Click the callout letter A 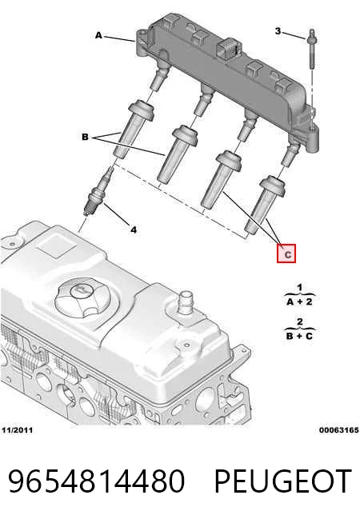coord(98,35)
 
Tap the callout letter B coord(85,137)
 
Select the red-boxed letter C coord(286,254)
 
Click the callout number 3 coord(278,31)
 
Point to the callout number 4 coord(134,230)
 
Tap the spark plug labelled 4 coord(98,192)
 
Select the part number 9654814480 coord(96,481)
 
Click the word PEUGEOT coord(283,481)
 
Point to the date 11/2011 coord(17,430)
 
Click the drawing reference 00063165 coord(338,430)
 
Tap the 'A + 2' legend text coord(300,301)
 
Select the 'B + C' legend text coord(300,336)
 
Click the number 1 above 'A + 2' coord(300,287)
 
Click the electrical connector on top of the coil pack coord(229,48)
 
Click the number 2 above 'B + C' coord(300,321)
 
